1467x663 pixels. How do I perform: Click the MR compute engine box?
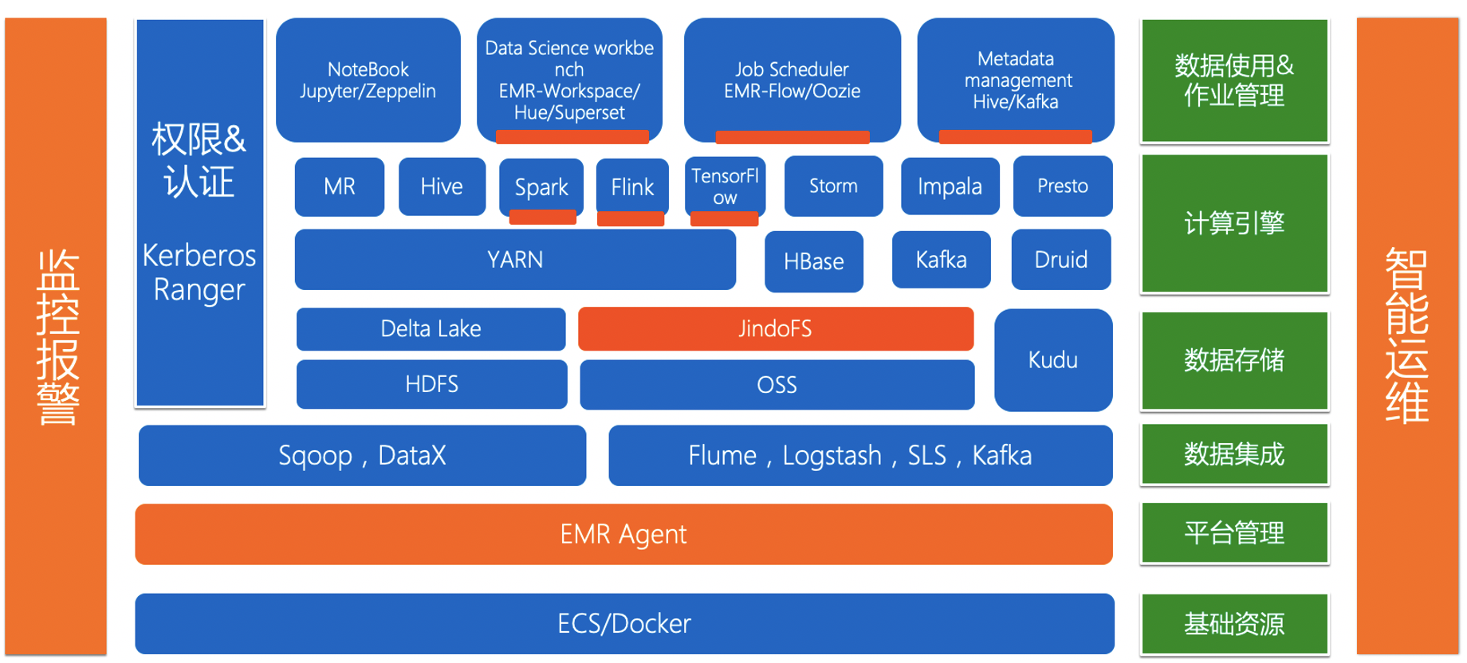(339, 186)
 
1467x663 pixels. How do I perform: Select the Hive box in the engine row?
(442, 186)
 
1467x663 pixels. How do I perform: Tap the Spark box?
(541, 186)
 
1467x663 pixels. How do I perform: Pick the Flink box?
(632, 186)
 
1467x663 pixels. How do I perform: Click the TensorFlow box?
(725, 186)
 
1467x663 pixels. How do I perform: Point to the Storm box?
(833, 186)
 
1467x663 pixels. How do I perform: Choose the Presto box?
(1062, 186)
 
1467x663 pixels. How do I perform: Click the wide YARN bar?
(515, 260)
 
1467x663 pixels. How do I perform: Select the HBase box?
(813, 261)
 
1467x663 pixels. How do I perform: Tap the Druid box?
(1060, 260)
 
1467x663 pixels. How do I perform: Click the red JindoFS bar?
(775, 328)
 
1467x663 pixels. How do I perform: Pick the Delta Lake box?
(431, 328)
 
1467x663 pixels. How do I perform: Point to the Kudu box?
(1052, 359)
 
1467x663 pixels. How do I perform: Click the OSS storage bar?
(777, 385)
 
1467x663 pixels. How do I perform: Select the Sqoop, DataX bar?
(362, 455)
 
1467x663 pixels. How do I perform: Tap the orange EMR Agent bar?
(623, 534)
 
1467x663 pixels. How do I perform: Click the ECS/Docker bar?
(623, 623)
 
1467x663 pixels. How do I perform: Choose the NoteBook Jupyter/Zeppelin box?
(368, 80)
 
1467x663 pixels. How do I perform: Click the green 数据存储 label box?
(1233, 360)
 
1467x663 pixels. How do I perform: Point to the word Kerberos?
(199, 256)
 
